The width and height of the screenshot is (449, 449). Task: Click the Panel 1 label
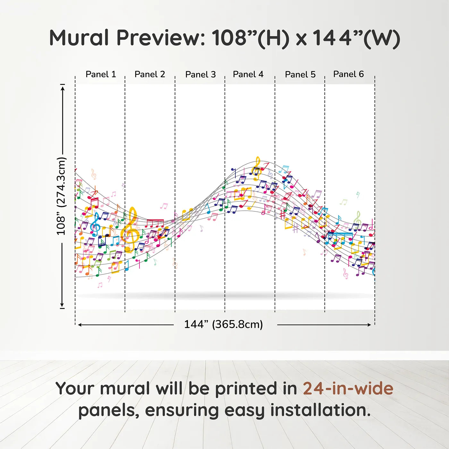pos(101,74)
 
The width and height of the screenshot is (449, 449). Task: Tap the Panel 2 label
pos(150,74)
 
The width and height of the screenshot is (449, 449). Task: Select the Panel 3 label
pos(200,74)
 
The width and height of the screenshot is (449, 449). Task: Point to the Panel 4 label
pos(248,74)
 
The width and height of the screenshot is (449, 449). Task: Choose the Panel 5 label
pos(300,74)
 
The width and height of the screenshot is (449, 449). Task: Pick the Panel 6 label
pos(348,74)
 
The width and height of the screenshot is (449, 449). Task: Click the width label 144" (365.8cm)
pos(224,324)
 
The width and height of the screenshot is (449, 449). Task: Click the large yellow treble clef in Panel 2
pos(131,230)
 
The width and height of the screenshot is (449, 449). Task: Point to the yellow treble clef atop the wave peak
pos(257,168)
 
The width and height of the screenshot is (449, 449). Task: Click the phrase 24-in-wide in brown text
pos(348,388)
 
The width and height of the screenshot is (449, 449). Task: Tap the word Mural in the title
pos(79,38)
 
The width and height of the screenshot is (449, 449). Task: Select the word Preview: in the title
pos(161,38)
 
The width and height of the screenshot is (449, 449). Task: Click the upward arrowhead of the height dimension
pos(62,89)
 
